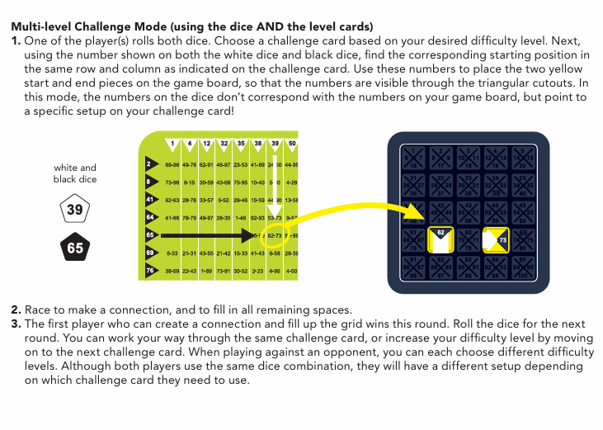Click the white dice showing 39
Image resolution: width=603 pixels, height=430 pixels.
(75, 210)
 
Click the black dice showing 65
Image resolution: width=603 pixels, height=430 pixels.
(75, 248)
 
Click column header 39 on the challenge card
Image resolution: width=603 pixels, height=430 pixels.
(274, 144)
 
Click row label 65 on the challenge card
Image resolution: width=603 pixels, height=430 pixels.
(151, 235)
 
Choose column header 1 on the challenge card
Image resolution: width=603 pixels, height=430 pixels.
(172, 144)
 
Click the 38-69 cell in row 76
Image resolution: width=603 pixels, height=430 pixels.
(172, 271)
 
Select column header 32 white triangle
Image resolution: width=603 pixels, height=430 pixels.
(224, 144)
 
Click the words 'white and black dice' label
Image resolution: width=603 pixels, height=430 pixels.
(75, 173)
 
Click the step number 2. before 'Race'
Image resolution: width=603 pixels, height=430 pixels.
(16, 310)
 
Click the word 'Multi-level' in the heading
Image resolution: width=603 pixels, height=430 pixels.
(37, 26)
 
